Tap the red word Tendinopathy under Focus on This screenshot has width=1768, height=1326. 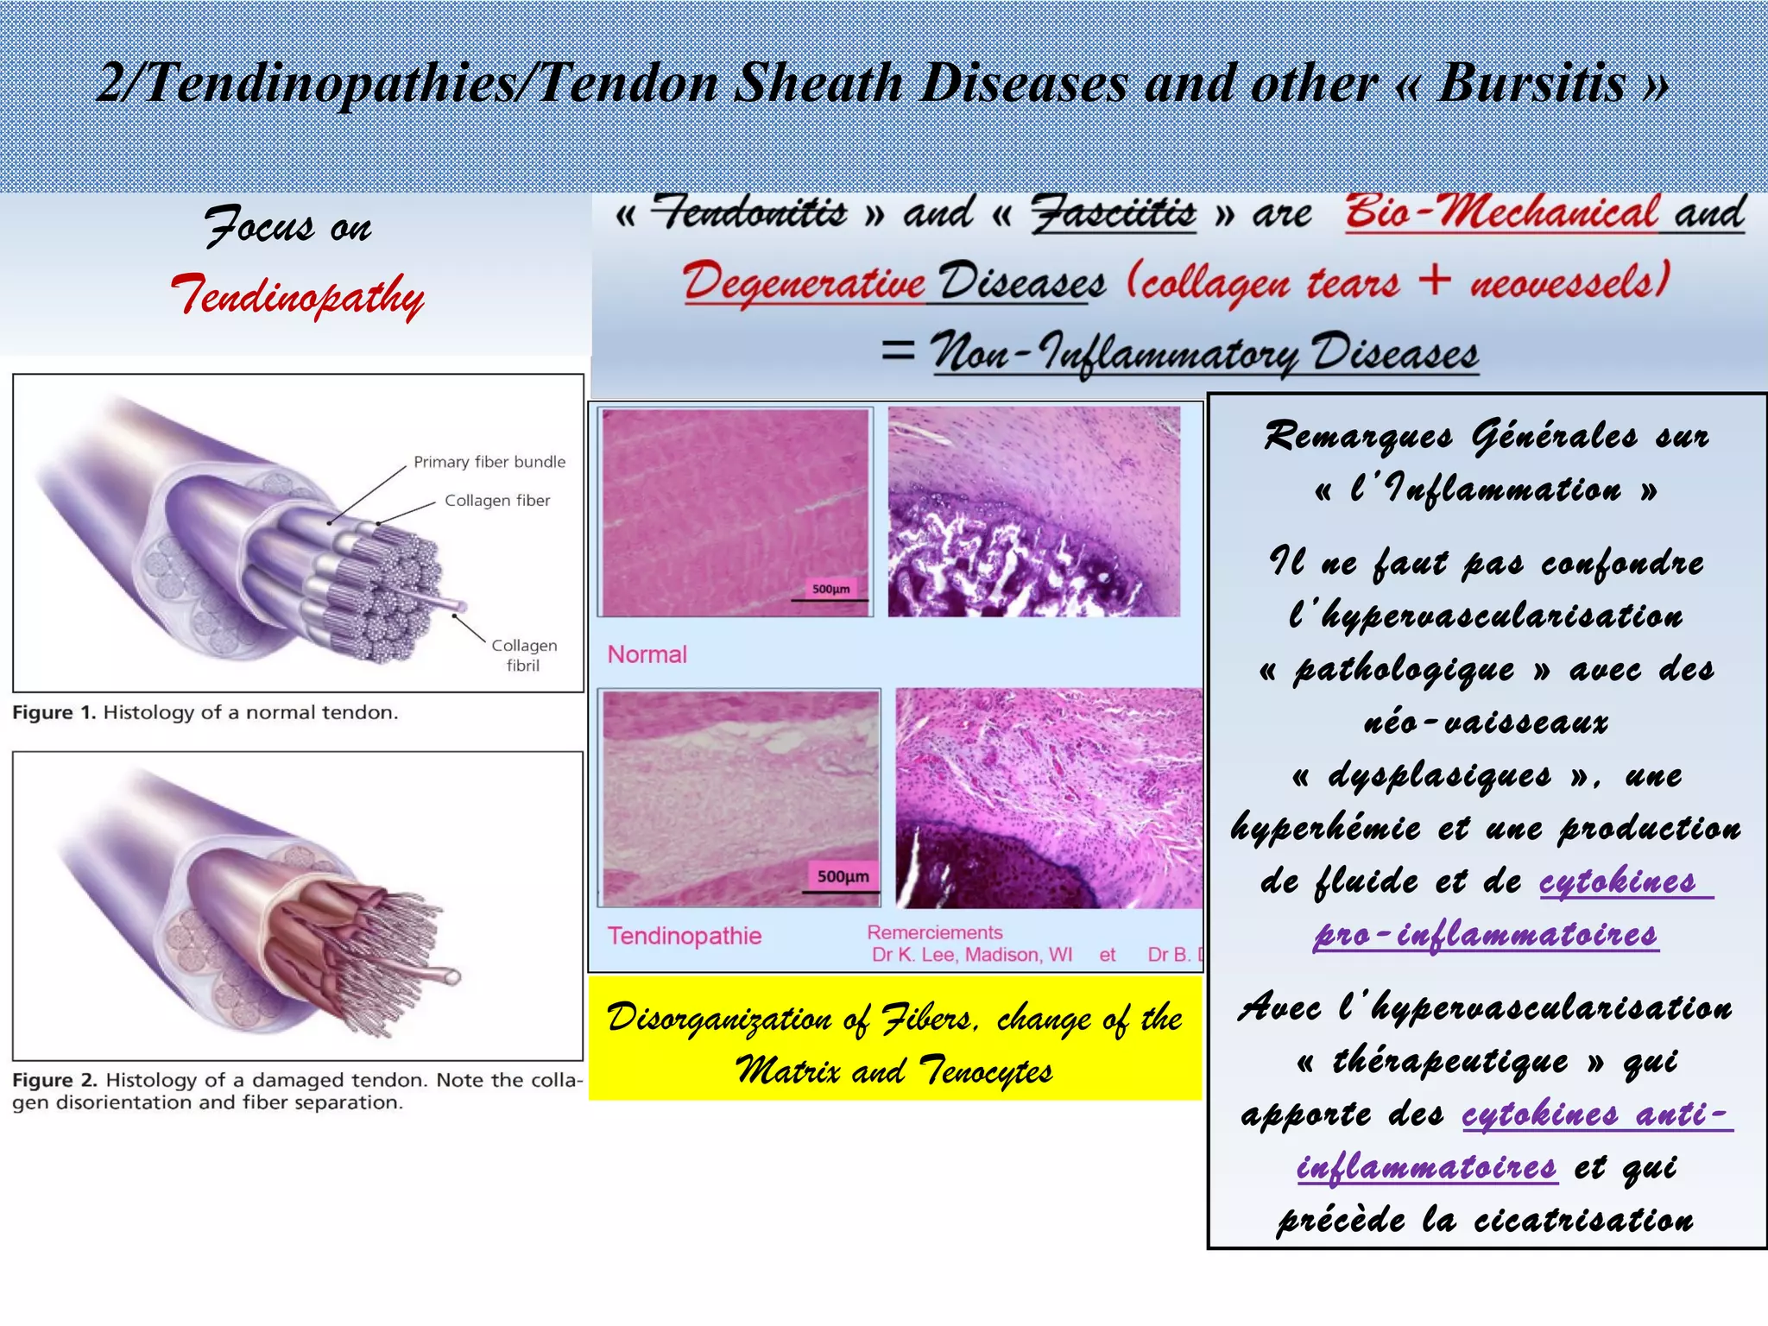tap(297, 295)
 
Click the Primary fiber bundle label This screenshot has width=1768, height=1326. tap(489, 462)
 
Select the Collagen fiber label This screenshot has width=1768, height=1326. tap(497, 501)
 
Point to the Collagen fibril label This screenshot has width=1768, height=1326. tap(524, 655)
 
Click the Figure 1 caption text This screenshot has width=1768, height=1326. tap(205, 713)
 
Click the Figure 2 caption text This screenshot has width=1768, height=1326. tap(297, 1091)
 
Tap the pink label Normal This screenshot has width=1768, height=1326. tap(647, 654)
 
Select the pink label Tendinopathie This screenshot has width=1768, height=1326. tap(685, 936)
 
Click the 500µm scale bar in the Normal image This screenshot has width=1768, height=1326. tap(830, 590)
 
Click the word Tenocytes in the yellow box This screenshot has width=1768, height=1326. tap(985, 1072)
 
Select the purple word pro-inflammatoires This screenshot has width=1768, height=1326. tap(1486, 935)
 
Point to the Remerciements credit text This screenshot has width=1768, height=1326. tap(935, 932)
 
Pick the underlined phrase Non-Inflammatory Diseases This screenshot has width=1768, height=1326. tap(1204, 354)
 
